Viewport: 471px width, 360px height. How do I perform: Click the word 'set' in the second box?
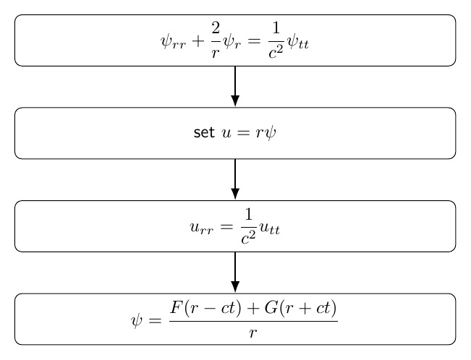point(204,133)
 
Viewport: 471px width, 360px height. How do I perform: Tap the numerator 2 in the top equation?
point(216,28)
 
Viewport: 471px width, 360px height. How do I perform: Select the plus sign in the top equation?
point(198,41)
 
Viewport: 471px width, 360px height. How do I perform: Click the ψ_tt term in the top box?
point(298,42)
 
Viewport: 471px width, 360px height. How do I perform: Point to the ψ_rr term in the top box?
point(174,42)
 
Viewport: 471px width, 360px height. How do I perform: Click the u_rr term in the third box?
point(202,228)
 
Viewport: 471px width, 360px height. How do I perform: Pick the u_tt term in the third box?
point(270,228)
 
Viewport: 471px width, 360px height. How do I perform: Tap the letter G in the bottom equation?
point(271,307)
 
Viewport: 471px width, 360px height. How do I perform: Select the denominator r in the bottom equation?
point(253,333)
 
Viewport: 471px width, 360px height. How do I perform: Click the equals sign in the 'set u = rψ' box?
point(243,133)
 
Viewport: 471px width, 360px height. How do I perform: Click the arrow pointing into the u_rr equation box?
point(235,179)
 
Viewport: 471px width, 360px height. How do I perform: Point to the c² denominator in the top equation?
point(276,52)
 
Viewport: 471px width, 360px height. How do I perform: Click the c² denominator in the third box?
point(248,238)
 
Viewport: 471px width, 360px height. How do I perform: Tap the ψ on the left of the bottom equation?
point(136,321)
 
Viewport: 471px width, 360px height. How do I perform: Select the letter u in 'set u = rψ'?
point(226,133)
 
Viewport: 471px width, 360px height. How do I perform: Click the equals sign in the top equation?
point(254,41)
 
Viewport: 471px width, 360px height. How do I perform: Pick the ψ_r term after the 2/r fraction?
point(232,42)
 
